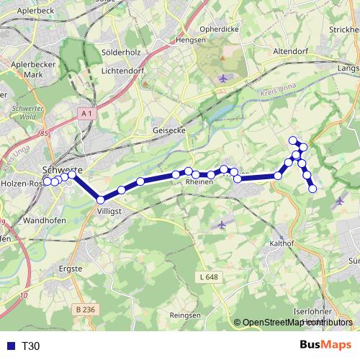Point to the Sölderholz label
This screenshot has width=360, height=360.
122,53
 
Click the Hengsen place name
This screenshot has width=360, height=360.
191,41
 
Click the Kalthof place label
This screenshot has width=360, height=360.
282,243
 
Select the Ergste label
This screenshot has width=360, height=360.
71,269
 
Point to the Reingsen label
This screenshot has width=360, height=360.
184,315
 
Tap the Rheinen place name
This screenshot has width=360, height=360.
199,182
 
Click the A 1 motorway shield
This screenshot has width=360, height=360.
87,114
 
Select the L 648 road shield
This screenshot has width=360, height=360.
208,276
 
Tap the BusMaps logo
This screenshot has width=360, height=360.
325,345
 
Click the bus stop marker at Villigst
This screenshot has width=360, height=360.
101,199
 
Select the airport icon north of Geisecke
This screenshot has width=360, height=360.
222,78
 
